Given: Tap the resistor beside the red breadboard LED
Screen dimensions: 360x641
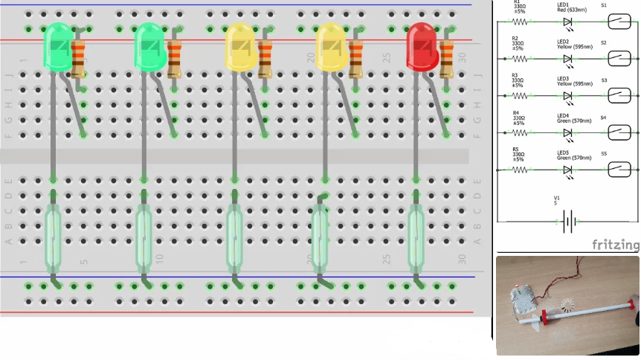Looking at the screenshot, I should [446, 60].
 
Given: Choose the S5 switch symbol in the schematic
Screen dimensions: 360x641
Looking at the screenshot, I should [619, 170].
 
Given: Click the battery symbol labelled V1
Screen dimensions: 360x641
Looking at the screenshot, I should [569, 221].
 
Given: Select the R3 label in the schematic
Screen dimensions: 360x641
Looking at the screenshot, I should [515, 75].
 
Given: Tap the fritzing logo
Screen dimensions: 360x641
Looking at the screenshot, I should [615, 244].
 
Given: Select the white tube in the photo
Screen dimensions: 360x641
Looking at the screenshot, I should [587, 313].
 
